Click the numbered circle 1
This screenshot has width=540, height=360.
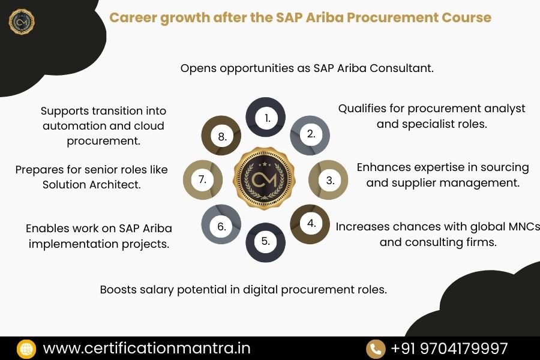coord(266,118)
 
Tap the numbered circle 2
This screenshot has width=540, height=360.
coord(310,134)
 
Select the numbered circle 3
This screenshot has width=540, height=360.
coord(329,179)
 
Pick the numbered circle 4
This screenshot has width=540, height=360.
coord(310,224)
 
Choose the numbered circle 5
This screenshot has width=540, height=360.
coord(266,242)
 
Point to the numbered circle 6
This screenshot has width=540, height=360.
coord(221,226)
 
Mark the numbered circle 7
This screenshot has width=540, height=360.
coord(203,179)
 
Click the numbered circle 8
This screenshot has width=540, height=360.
coord(221,136)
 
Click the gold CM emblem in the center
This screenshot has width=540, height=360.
coord(266,180)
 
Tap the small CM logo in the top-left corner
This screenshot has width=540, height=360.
coord(22,22)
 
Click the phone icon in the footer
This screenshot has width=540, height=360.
coord(376,349)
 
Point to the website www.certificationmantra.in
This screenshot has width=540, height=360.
coord(146,349)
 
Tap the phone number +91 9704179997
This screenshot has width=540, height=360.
coord(449,349)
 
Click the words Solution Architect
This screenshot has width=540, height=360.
coord(91,185)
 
